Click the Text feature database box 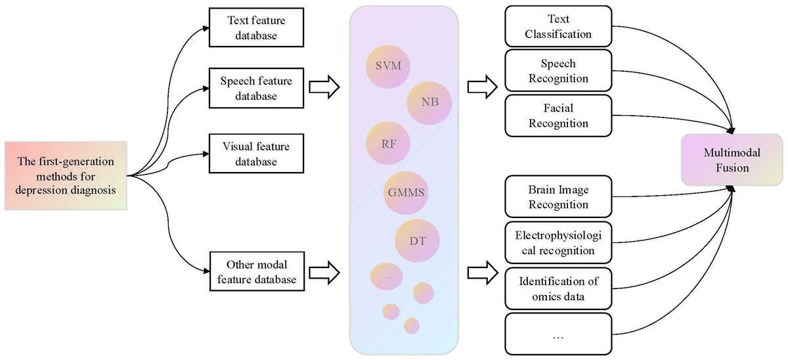click(252, 28)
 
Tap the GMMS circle click(407, 193)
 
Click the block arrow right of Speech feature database click(324, 87)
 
